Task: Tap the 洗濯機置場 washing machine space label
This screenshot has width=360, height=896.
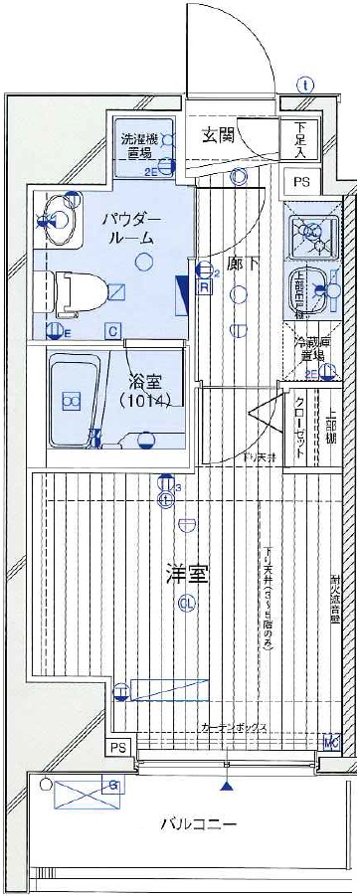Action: point(137,146)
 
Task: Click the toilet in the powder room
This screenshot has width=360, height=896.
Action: point(75,291)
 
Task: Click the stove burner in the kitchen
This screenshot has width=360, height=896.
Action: point(309,235)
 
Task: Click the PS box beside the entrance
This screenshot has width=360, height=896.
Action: point(300,181)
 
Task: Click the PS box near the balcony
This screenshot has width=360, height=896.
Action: point(118,748)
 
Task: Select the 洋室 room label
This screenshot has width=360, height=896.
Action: point(186,575)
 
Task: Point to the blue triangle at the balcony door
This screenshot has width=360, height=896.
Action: point(230,786)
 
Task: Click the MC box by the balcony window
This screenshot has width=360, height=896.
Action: point(330,742)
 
